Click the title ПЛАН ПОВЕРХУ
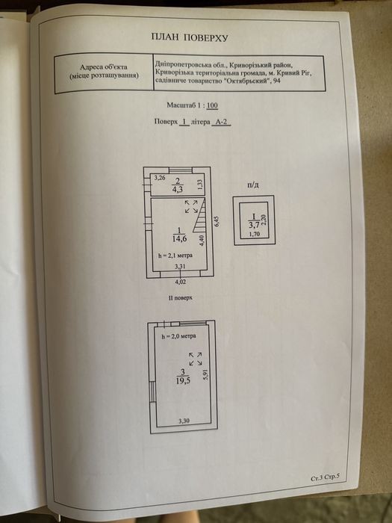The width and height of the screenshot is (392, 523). (x=190, y=37)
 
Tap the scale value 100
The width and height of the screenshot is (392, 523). (x=212, y=105)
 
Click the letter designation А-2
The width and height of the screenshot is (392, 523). (x=222, y=122)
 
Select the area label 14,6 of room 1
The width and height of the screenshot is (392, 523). (x=180, y=238)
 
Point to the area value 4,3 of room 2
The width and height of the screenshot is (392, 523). (x=178, y=190)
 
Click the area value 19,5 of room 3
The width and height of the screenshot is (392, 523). (x=183, y=380)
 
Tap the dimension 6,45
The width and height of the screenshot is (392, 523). (x=218, y=221)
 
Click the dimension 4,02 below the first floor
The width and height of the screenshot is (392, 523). (x=181, y=282)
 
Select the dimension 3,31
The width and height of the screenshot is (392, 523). (x=181, y=266)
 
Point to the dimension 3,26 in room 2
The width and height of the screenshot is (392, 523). (x=159, y=178)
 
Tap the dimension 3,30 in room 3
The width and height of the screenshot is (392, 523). (x=184, y=421)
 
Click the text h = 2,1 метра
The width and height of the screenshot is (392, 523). (x=175, y=256)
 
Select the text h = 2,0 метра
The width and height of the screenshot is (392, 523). (x=178, y=336)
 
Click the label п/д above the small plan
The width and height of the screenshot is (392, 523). (x=252, y=185)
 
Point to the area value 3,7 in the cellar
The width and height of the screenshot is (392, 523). (x=254, y=224)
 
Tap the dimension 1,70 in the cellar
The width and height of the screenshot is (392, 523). (x=255, y=234)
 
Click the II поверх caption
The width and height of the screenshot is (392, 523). (x=181, y=297)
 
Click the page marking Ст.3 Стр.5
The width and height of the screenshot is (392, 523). (x=325, y=477)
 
